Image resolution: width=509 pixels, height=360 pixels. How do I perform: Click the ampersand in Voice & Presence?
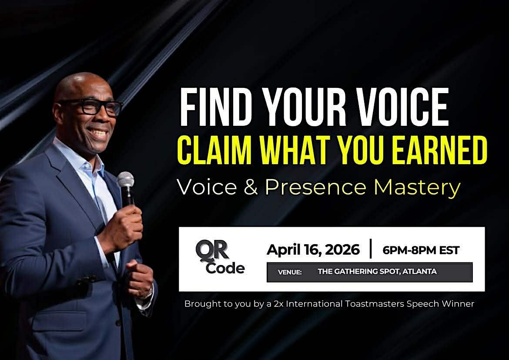[x=251, y=187]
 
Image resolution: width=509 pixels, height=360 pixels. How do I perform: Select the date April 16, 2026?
[x=313, y=249]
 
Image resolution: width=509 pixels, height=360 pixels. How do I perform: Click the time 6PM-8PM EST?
[x=421, y=250]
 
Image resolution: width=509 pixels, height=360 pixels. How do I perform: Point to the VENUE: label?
[x=290, y=272]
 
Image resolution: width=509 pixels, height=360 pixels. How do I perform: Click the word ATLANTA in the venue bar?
[x=419, y=271]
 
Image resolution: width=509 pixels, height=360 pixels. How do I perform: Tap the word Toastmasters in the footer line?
[x=375, y=304]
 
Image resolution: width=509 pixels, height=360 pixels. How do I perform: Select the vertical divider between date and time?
[x=371, y=249]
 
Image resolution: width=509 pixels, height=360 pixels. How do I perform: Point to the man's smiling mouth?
[x=99, y=132]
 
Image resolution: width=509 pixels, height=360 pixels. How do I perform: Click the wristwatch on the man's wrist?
[x=148, y=294]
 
